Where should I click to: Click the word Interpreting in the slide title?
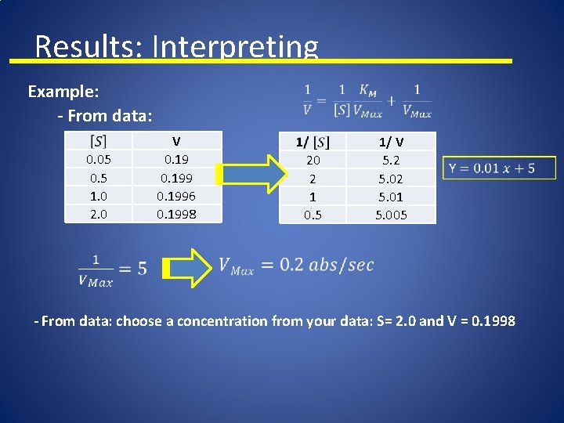[x=235, y=47]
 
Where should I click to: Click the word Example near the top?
[x=63, y=92]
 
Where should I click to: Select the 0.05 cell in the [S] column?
[x=98, y=160]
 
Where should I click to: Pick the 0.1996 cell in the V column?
[x=176, y=196]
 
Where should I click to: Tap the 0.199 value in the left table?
[x=176, y=178]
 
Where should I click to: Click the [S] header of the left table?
[x=99, y=141]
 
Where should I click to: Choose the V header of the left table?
[x=176, y=141]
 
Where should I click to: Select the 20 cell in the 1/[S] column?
[x=313, y=160]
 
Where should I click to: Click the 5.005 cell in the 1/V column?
[x=391, y=215]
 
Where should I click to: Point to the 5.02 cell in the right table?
[x=391, y=178]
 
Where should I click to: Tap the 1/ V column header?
[x=391, y=142]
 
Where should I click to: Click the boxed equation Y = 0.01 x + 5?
[x=499, y=168]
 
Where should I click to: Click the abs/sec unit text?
[x=342, y=266]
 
